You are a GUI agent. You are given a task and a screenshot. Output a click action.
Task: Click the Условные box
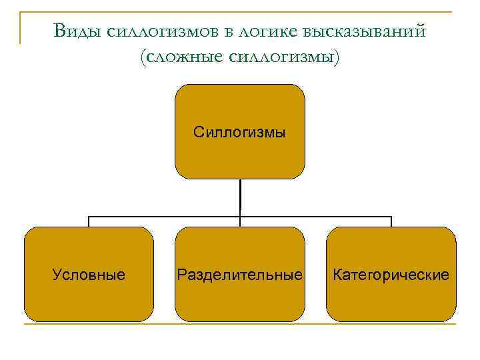click(89, 293)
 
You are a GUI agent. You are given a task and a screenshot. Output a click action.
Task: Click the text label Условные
click(89, 275)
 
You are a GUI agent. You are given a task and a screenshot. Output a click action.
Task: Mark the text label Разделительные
click(239, 275)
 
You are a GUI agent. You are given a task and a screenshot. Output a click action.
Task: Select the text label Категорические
click(391, 275)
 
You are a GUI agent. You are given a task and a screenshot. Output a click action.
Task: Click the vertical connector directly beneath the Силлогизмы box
click(240, 197)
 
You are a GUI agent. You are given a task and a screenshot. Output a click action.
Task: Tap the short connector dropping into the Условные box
click(89, 221)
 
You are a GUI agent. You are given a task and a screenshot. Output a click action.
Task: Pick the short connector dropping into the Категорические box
click(391, 221)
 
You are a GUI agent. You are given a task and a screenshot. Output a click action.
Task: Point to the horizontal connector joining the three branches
click(167, 216)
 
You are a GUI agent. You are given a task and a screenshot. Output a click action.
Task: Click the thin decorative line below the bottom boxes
click(240, 324)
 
